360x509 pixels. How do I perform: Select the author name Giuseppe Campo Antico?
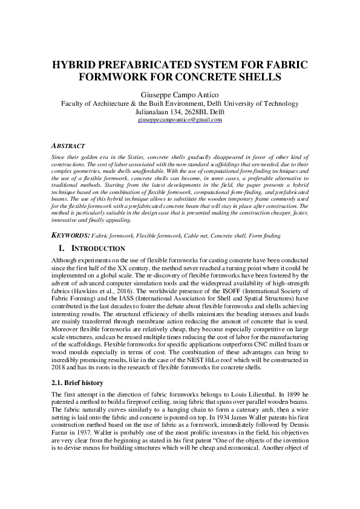180,95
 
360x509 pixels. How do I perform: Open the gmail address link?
180,120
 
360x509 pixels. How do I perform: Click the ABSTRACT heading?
68,146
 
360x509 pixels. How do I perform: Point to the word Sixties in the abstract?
122,155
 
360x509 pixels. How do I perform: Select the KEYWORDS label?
72,235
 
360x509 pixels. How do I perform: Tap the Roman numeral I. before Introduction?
61,248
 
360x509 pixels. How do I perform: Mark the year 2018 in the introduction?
57,366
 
